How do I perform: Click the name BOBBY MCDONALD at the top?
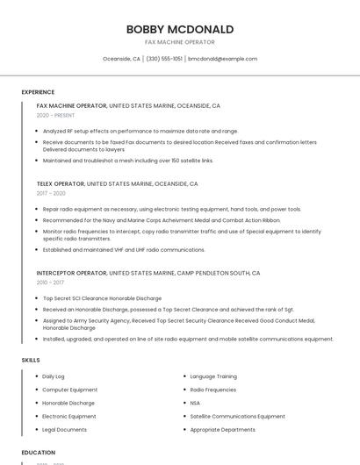click(x=179, y=29)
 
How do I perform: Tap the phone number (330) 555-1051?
click(x=164, y=59)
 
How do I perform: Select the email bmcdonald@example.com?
click(x=222, y=59)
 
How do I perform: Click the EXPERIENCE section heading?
click(x=38, y=92)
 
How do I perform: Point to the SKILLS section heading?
click(x=31, y=360)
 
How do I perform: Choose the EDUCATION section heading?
click(x=38, y=453)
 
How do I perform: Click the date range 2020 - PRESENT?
click(x=55, y=115)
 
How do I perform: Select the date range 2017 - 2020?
click(x=51, y=193)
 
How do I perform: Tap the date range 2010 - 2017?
click(x=50, y=283)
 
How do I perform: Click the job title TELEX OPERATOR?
click(x=61, y=184)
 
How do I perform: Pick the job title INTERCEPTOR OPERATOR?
click(x=71, y=273)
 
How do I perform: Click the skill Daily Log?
click(x=54, y=376)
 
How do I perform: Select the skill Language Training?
click(x=213, y=376)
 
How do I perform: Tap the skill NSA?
click(x=195, y=403)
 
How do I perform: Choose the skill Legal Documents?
click(x=65, y=430)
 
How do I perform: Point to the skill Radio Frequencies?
click(x=213, y=390)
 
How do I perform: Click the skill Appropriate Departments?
click(x=222, y=430)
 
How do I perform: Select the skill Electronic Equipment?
click(x=69, y=416)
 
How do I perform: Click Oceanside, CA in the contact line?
click(x=121, y=59)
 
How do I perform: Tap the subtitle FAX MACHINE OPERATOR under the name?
click(x=179, y=42)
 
